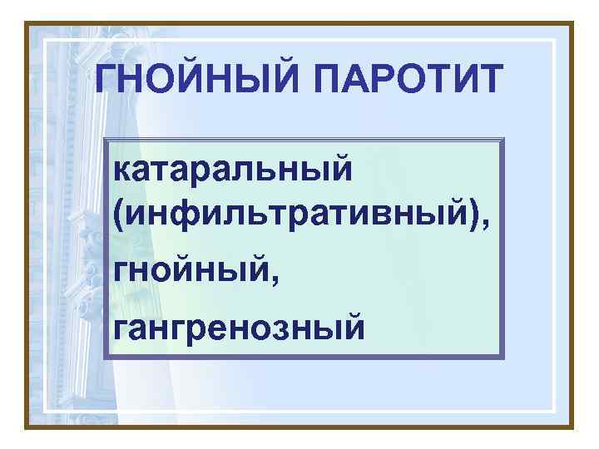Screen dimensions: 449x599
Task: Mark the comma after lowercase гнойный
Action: (251, 275)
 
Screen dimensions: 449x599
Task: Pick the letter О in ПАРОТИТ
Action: (399, 80)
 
